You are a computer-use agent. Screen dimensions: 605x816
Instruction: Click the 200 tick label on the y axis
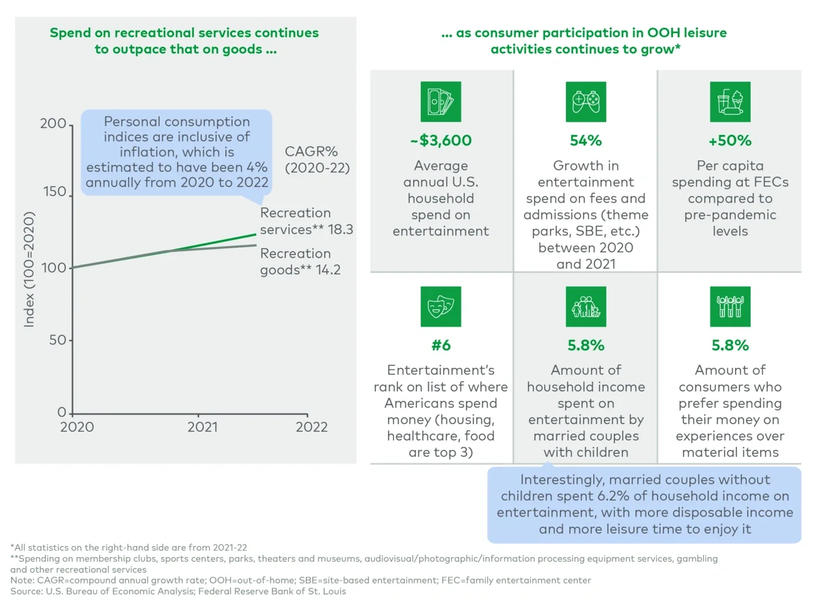53,124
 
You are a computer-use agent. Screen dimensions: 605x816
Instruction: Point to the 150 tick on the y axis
55,191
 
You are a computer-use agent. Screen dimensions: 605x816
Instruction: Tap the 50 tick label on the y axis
57,340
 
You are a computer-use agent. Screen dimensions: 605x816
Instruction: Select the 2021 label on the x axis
202,427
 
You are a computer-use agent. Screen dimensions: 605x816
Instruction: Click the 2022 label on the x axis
311,427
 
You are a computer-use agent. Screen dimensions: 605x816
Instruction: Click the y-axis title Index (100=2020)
29,270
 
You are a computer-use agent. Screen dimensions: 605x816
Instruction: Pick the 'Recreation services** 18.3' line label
306,221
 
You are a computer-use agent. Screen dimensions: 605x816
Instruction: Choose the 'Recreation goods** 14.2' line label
300,262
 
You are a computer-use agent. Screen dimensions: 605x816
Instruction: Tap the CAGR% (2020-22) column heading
316,159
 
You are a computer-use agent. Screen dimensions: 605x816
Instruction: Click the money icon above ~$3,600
441,102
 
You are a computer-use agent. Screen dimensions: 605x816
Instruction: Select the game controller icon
586,102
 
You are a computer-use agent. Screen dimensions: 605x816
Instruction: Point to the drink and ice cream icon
730,102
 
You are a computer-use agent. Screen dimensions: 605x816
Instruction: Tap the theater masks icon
441,307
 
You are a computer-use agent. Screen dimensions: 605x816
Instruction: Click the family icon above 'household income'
586,307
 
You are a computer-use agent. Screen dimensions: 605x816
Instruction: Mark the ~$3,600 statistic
441,141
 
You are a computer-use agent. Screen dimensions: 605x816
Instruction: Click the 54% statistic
586,141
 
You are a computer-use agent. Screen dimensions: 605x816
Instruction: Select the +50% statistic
730,141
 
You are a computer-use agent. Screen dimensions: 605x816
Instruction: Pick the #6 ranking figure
441,345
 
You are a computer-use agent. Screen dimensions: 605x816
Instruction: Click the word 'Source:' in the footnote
26,591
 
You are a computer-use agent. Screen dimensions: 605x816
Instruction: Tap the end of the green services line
255,235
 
